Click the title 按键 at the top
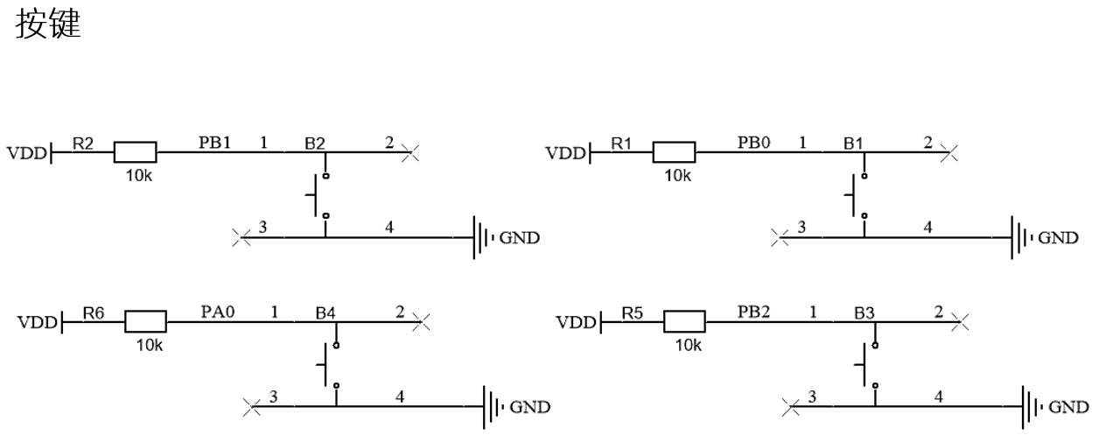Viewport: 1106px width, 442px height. coord(48,26)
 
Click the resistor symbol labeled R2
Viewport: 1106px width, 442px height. coord(135,153)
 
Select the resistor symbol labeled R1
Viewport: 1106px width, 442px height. coord(674,153)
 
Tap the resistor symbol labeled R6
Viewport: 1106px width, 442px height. coord(145,321)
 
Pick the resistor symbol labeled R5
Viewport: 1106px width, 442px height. coord(684,321)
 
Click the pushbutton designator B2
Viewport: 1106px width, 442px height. coord(315,142)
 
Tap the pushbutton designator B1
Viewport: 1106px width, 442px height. coord(854,142)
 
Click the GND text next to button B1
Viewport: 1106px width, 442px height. coord(1059,238)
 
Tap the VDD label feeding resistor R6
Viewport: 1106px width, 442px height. coord(35,323)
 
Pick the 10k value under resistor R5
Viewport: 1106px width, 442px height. coord(686,345)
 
